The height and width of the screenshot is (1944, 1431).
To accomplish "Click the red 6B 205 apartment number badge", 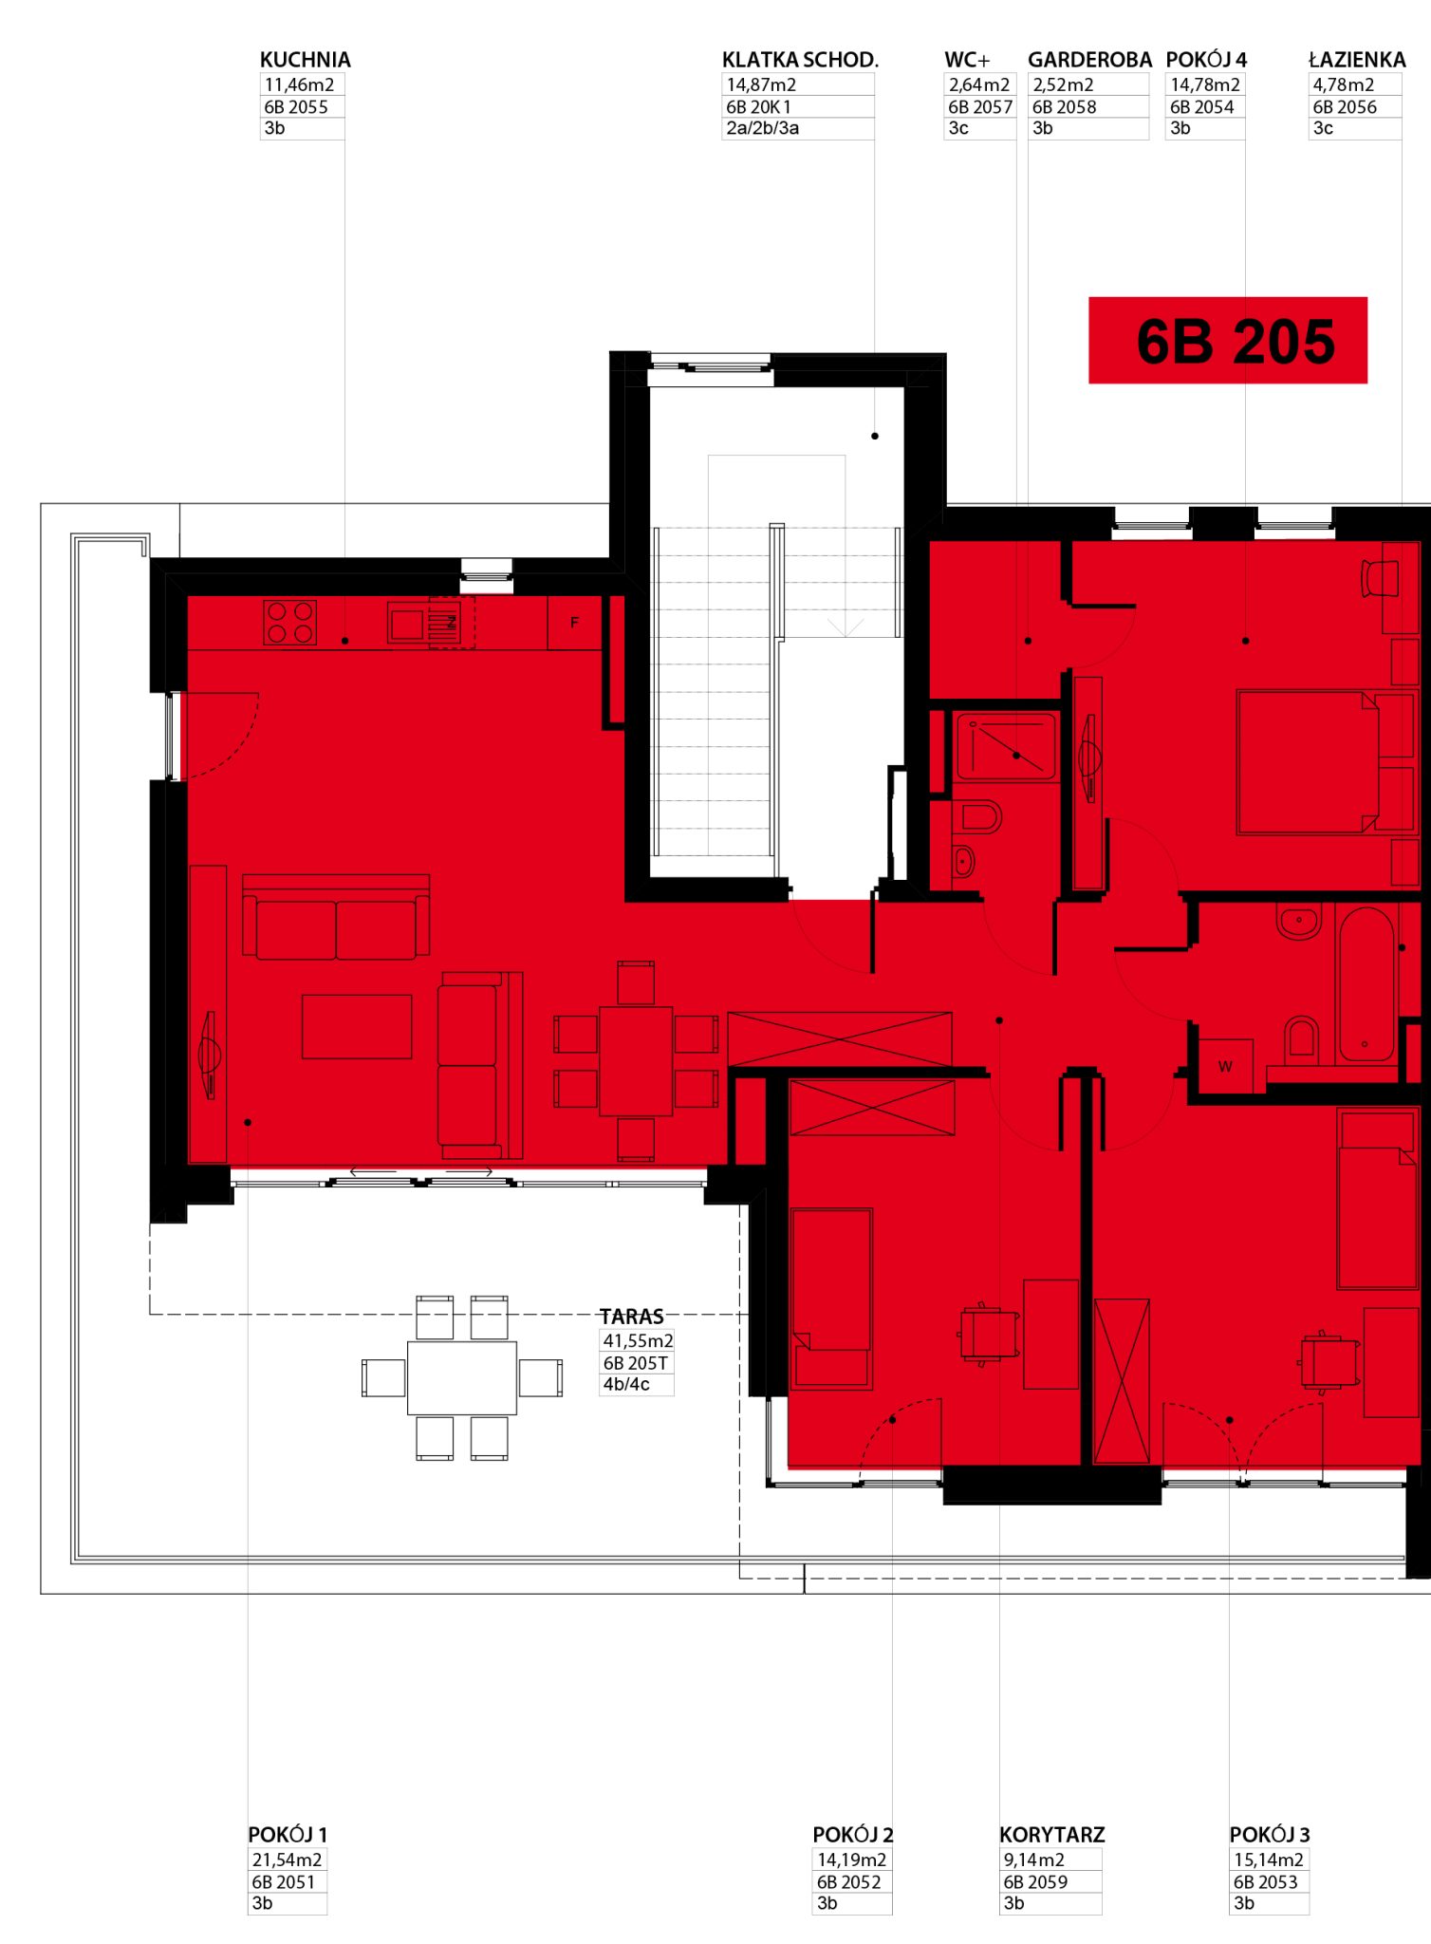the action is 1227,340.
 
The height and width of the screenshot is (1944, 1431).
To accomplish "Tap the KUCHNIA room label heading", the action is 306,60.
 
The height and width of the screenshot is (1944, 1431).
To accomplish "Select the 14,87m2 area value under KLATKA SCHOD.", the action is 761,84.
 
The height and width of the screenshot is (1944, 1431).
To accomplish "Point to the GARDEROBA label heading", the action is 1089,60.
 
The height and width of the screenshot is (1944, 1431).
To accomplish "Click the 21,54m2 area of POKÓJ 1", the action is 287,1860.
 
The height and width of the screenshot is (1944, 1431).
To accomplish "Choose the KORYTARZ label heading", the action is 1051,1835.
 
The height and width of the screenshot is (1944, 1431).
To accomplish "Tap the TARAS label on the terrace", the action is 632,1317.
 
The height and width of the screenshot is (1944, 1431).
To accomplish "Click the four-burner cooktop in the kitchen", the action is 290,623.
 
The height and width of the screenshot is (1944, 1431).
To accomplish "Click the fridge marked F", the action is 574,623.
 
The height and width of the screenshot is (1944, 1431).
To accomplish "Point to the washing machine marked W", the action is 1226,1066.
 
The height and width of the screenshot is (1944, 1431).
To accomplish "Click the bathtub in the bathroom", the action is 1366,983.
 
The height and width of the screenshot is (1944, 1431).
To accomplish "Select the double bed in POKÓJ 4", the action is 1308,762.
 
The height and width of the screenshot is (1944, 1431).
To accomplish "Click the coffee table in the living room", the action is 357,1026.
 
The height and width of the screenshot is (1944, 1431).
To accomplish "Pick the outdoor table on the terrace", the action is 462,1377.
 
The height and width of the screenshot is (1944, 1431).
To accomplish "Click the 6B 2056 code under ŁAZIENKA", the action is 1345,107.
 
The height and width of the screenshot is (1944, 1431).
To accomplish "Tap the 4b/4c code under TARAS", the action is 626,1384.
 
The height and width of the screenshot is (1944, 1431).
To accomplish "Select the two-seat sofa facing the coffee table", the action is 336,917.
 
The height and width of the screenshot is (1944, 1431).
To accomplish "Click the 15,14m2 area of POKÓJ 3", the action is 1269,1860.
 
